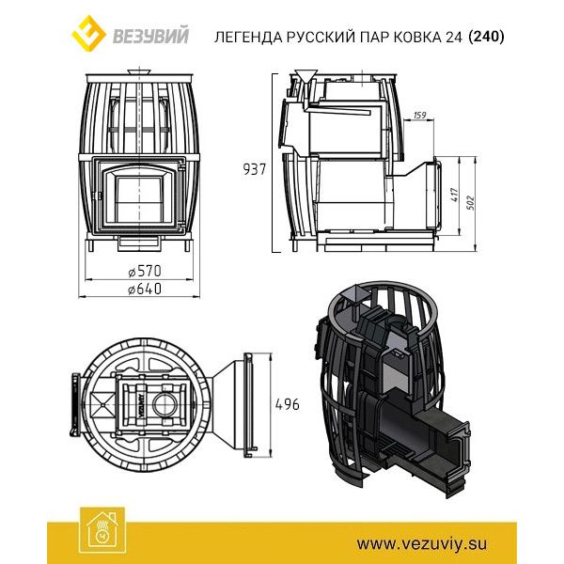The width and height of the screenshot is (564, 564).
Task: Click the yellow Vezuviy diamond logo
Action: tap(88, 34)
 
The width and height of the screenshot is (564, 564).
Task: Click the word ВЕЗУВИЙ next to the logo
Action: tap(151, 37)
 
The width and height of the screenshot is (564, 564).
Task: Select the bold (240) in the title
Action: tap(486, 37)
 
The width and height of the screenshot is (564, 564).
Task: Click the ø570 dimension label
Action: tap(145, 271)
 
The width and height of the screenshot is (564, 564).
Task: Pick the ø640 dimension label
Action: tap(145, 289)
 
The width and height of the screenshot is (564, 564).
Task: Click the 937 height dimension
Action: tap(255, 169)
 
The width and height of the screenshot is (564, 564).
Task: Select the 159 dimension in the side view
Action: tap(419, 115)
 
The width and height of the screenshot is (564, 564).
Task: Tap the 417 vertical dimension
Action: tap(455, 195)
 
